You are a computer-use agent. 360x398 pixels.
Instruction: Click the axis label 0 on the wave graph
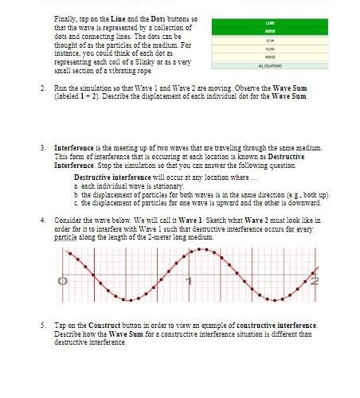coord(61,280)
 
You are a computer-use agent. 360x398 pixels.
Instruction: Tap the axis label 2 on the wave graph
coord(315,280)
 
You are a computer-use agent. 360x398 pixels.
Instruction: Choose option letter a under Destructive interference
coord(76,185)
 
